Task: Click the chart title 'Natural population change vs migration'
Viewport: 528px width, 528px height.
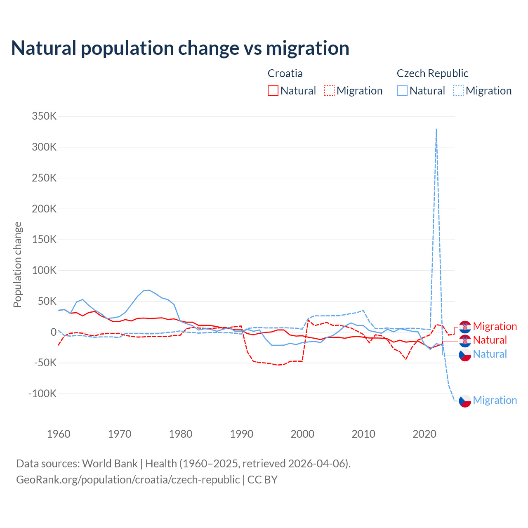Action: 180,48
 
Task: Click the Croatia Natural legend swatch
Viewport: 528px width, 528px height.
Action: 273,91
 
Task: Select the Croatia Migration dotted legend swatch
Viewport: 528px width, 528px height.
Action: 329,91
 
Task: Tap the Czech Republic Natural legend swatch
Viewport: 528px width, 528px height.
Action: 402,91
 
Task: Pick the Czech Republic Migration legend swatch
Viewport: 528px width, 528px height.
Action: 458,91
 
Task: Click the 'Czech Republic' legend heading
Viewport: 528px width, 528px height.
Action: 432,73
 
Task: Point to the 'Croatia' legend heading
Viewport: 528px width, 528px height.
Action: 285,73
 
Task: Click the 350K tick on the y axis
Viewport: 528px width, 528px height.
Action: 44,116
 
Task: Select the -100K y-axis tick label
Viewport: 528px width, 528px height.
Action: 42,394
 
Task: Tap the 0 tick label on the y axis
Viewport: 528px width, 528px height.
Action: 53,332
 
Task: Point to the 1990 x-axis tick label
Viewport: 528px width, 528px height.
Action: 242,434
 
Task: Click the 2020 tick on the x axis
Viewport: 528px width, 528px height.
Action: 424,434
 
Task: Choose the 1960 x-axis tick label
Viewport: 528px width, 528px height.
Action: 59,434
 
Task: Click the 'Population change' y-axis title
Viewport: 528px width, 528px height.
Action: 17,264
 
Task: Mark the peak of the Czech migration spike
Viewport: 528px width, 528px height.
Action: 436,129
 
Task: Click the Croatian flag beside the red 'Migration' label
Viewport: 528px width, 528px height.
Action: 465,327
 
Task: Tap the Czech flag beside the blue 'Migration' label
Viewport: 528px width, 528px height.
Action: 465,401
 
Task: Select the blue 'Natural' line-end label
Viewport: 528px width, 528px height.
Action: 490,354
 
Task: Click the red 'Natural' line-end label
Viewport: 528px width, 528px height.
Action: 490,340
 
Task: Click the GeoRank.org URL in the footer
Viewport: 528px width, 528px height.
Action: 128,480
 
